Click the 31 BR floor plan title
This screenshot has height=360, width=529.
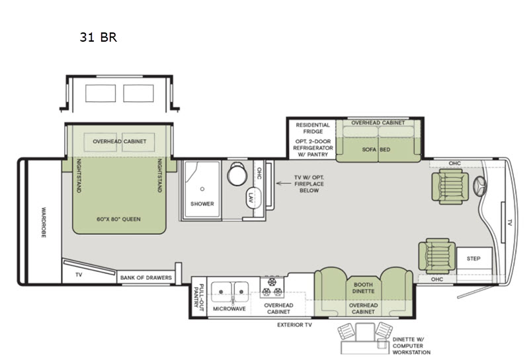(98, 37)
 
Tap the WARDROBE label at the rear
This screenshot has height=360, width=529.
(44, 222)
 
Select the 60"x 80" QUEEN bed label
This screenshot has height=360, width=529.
(119, 219)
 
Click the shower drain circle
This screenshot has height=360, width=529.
(202, 189)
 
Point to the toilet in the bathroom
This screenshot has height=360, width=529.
(237, 173)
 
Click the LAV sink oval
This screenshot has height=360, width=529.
(253, 197)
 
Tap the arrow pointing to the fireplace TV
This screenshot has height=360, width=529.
(284, 184)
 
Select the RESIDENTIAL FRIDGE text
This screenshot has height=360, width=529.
(313, 128)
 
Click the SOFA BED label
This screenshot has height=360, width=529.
(376, 150)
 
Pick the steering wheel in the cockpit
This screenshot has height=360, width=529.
(480, 186)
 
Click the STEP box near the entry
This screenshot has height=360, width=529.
(474, 258)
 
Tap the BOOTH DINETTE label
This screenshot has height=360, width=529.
(363, 288)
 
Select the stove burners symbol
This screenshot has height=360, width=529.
(272, 287)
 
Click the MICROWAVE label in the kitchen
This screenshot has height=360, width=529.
(229, 308)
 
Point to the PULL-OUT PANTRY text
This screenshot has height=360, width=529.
(198, 296)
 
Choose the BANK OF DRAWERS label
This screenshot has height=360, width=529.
(146, 278)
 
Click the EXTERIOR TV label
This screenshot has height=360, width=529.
(294, 325)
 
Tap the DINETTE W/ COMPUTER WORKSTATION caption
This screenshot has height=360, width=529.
(411, 346)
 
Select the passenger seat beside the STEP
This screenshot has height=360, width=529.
(437, 256)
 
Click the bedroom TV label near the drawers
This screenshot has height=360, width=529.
(79, 275)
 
